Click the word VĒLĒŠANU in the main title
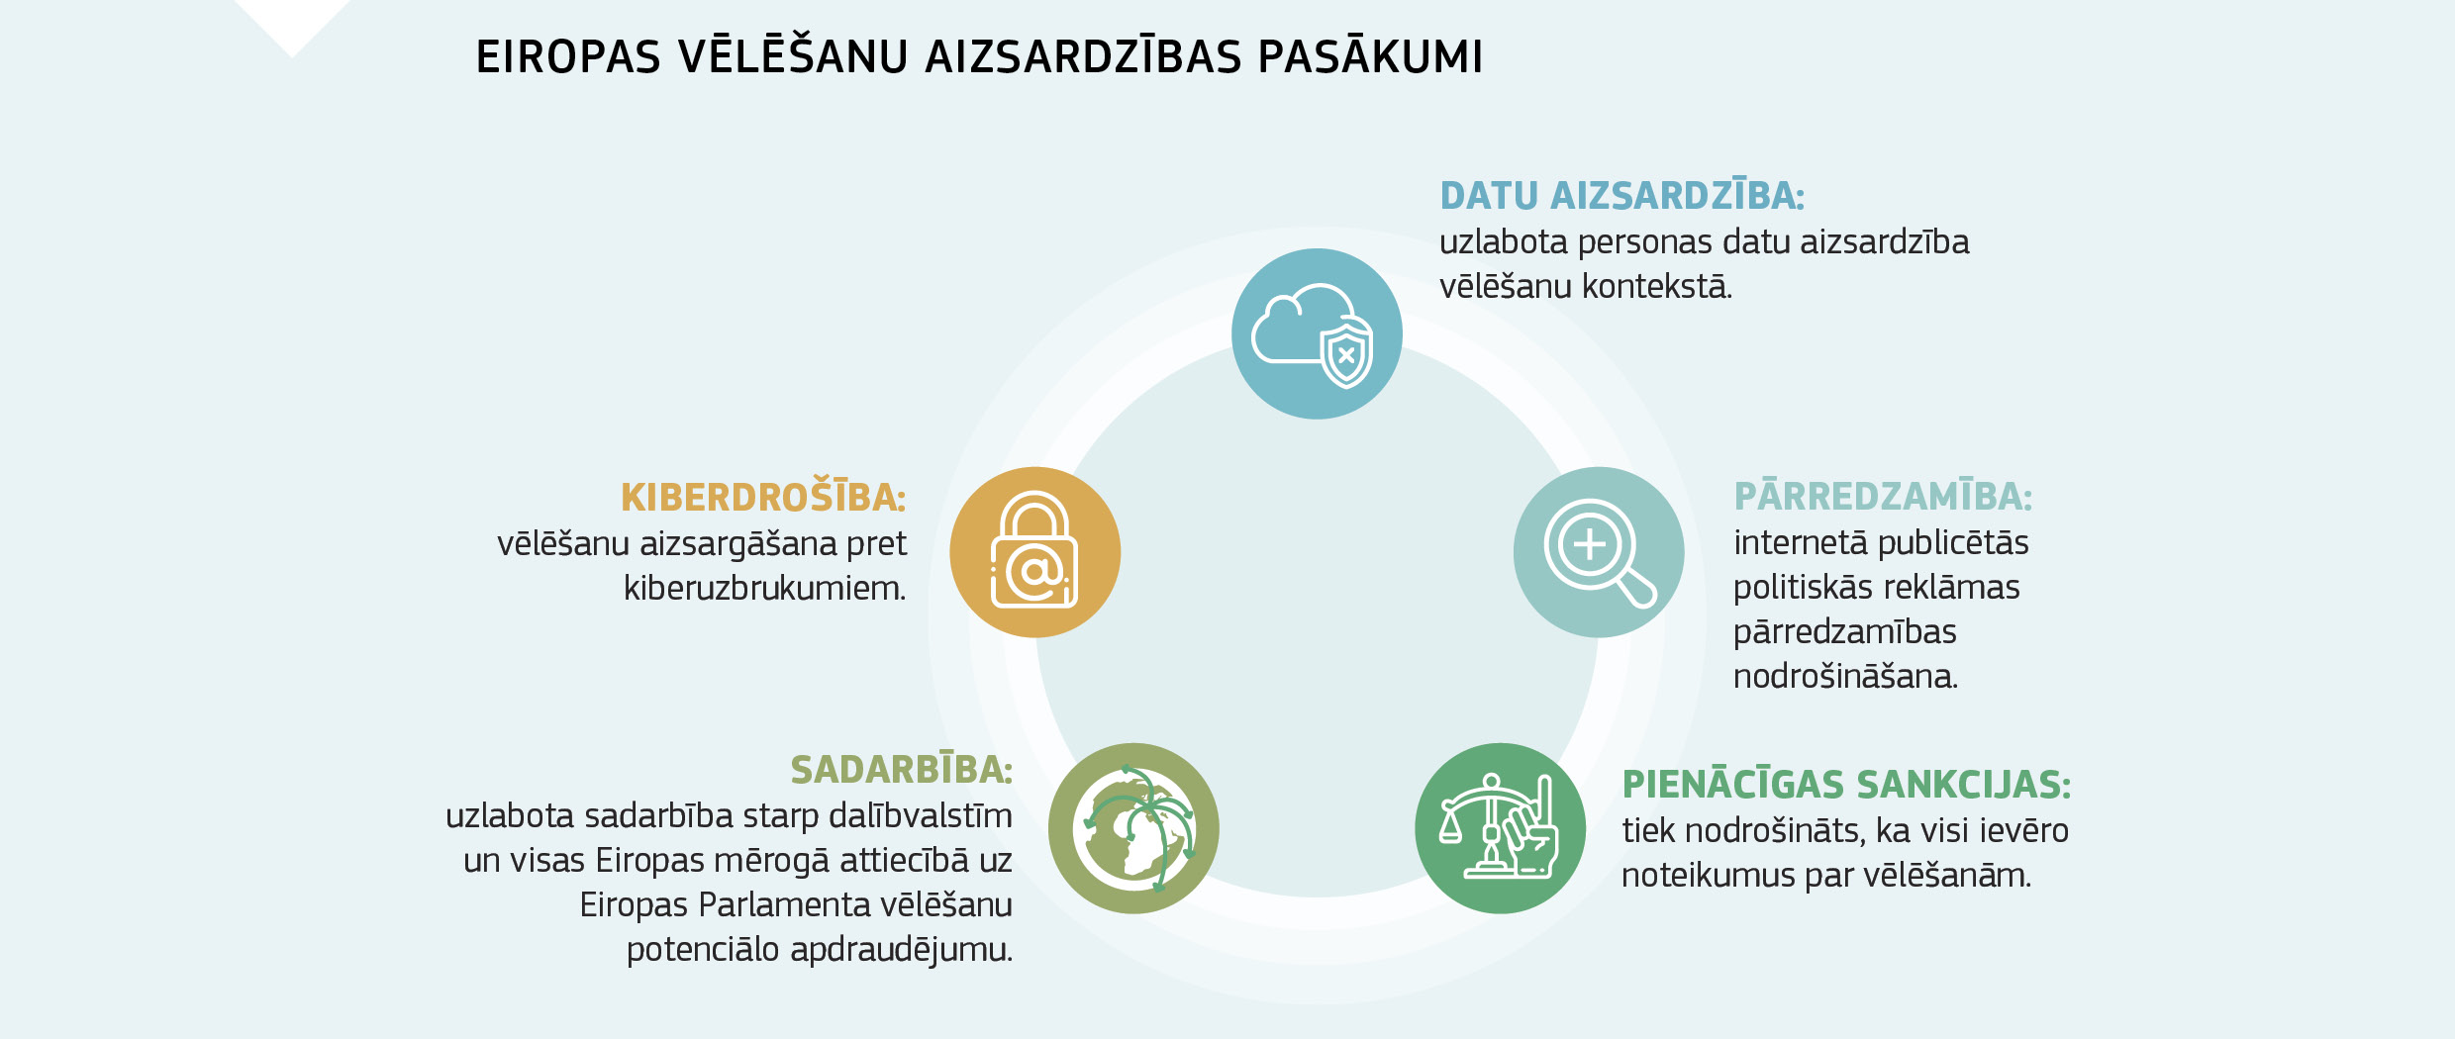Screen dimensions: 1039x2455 [x=793, y=56]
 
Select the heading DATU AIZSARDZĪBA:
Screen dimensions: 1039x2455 [x=1621, y=196]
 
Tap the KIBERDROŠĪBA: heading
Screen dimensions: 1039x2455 [x=763, y=497]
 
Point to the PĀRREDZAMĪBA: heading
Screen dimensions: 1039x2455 [x=1883, y=496]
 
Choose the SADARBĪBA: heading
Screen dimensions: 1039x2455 [x=901, y=769]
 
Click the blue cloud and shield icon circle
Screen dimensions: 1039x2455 [x=1317, y=333]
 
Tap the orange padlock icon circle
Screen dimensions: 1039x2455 [x=1034, y=552]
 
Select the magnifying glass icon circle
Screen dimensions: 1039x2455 [x=1598, y=552]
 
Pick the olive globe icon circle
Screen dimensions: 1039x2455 [x=1133, y=828]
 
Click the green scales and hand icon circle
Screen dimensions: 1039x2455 [x=1500, y=828]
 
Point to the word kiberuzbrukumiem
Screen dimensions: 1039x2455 [x=764, y=589]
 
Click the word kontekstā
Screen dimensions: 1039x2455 [x=1657, y=287]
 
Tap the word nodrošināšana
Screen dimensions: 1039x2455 [x=1845, y=677]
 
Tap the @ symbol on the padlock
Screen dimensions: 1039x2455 [x=1034, y=571]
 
